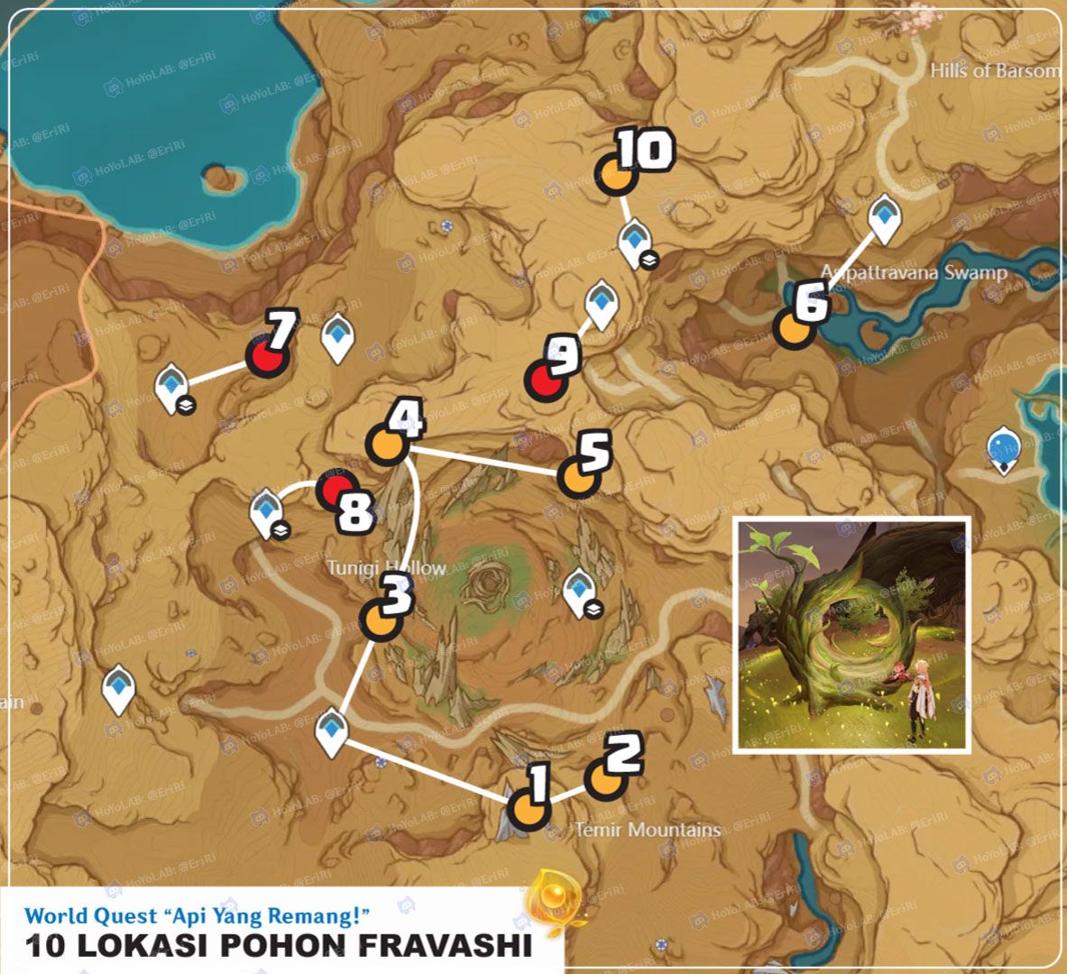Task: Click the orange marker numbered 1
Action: [529, 809]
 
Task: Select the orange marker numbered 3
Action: [381, 620]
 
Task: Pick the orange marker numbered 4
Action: [386, 445]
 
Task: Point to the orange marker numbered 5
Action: [577, 477]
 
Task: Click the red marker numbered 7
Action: [267, 357]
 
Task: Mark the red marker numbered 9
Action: [544, 382]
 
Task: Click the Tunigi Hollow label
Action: [386, 567]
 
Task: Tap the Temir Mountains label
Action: [648, 829]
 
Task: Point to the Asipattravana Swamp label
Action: [913, 271]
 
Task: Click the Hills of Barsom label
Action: [996, 70]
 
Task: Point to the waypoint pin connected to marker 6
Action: [884, 219]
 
